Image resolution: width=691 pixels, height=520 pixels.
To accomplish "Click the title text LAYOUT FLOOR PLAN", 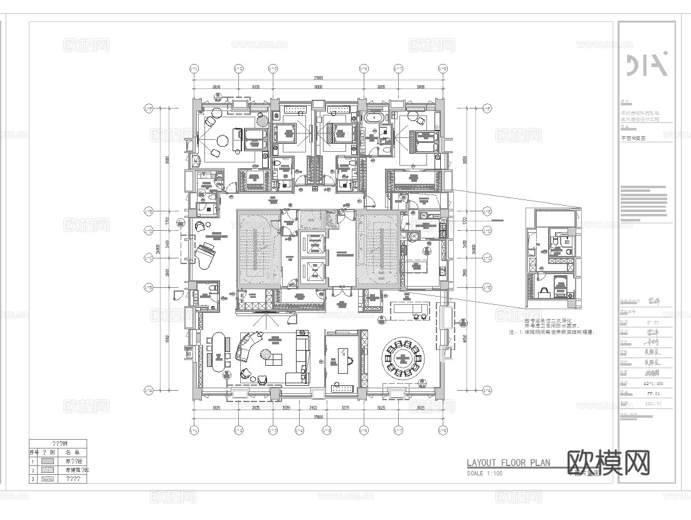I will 508,464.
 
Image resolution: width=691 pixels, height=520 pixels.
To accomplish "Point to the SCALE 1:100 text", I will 485,474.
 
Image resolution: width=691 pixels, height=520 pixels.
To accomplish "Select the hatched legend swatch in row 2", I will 54,469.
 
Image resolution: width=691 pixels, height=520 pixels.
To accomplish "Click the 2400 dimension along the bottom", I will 321,408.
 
